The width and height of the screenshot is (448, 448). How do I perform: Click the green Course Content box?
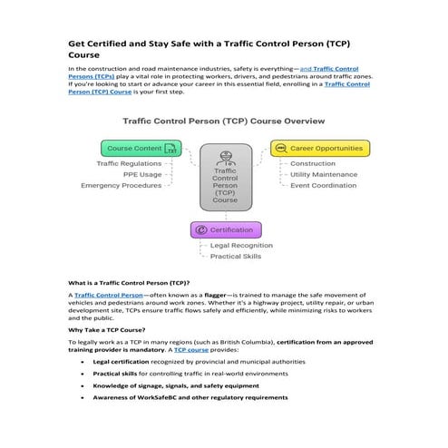141,148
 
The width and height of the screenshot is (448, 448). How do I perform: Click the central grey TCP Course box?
225,178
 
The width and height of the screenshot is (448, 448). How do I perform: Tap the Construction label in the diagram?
312,164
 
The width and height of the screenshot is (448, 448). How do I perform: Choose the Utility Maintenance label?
324,174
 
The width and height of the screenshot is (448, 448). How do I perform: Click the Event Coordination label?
324,185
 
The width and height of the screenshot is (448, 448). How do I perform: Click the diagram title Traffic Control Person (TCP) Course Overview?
224,121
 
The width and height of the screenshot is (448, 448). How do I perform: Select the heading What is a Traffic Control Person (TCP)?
129,283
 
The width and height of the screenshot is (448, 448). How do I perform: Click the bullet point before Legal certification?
83,361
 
